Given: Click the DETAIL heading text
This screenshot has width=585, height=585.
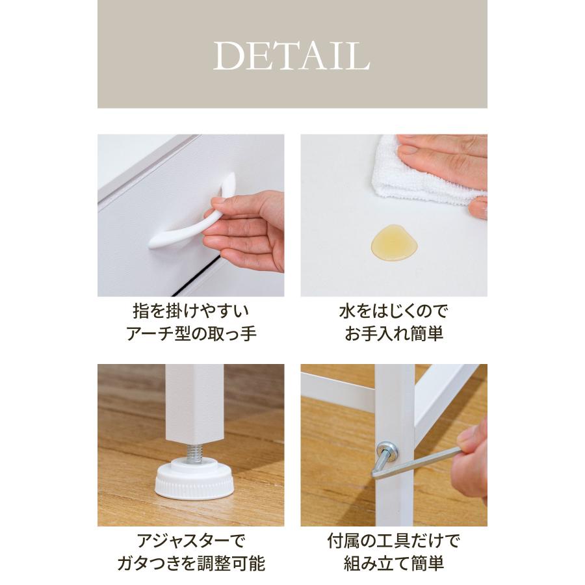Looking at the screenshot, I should click(x=292, y=56).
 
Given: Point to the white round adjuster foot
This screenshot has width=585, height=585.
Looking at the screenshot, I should click(x=193, y=480).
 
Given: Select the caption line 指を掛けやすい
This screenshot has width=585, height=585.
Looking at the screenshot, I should click(x=190, y=310).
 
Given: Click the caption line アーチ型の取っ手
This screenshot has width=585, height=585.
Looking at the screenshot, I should click(x=190, y=335).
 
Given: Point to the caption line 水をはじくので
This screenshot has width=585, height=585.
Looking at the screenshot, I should click(x=393, y=310).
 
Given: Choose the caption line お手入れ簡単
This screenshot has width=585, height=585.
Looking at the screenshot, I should click(x=393, y=335).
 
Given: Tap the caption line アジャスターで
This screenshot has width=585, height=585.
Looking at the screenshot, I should click(x=190, y=539).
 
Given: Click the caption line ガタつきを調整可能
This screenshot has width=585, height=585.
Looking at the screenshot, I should click(x=190, y=564).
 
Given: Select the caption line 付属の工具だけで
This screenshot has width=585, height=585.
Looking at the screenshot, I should click(x=393, y=539).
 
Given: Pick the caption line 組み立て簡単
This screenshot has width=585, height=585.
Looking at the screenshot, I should click(x=393, y=564).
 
